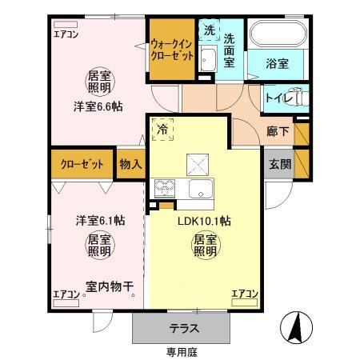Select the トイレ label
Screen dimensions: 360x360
(278, 98)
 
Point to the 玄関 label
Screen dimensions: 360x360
(280, 164)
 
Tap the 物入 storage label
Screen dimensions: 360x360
(130, 164)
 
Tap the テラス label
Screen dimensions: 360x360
(183, 328)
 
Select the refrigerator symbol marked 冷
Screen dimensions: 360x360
(163, 128)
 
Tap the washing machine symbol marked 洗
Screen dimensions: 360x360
(209, 30)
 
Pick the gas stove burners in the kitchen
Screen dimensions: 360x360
(166, 190)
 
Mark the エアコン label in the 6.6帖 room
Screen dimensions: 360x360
(66, 34)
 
